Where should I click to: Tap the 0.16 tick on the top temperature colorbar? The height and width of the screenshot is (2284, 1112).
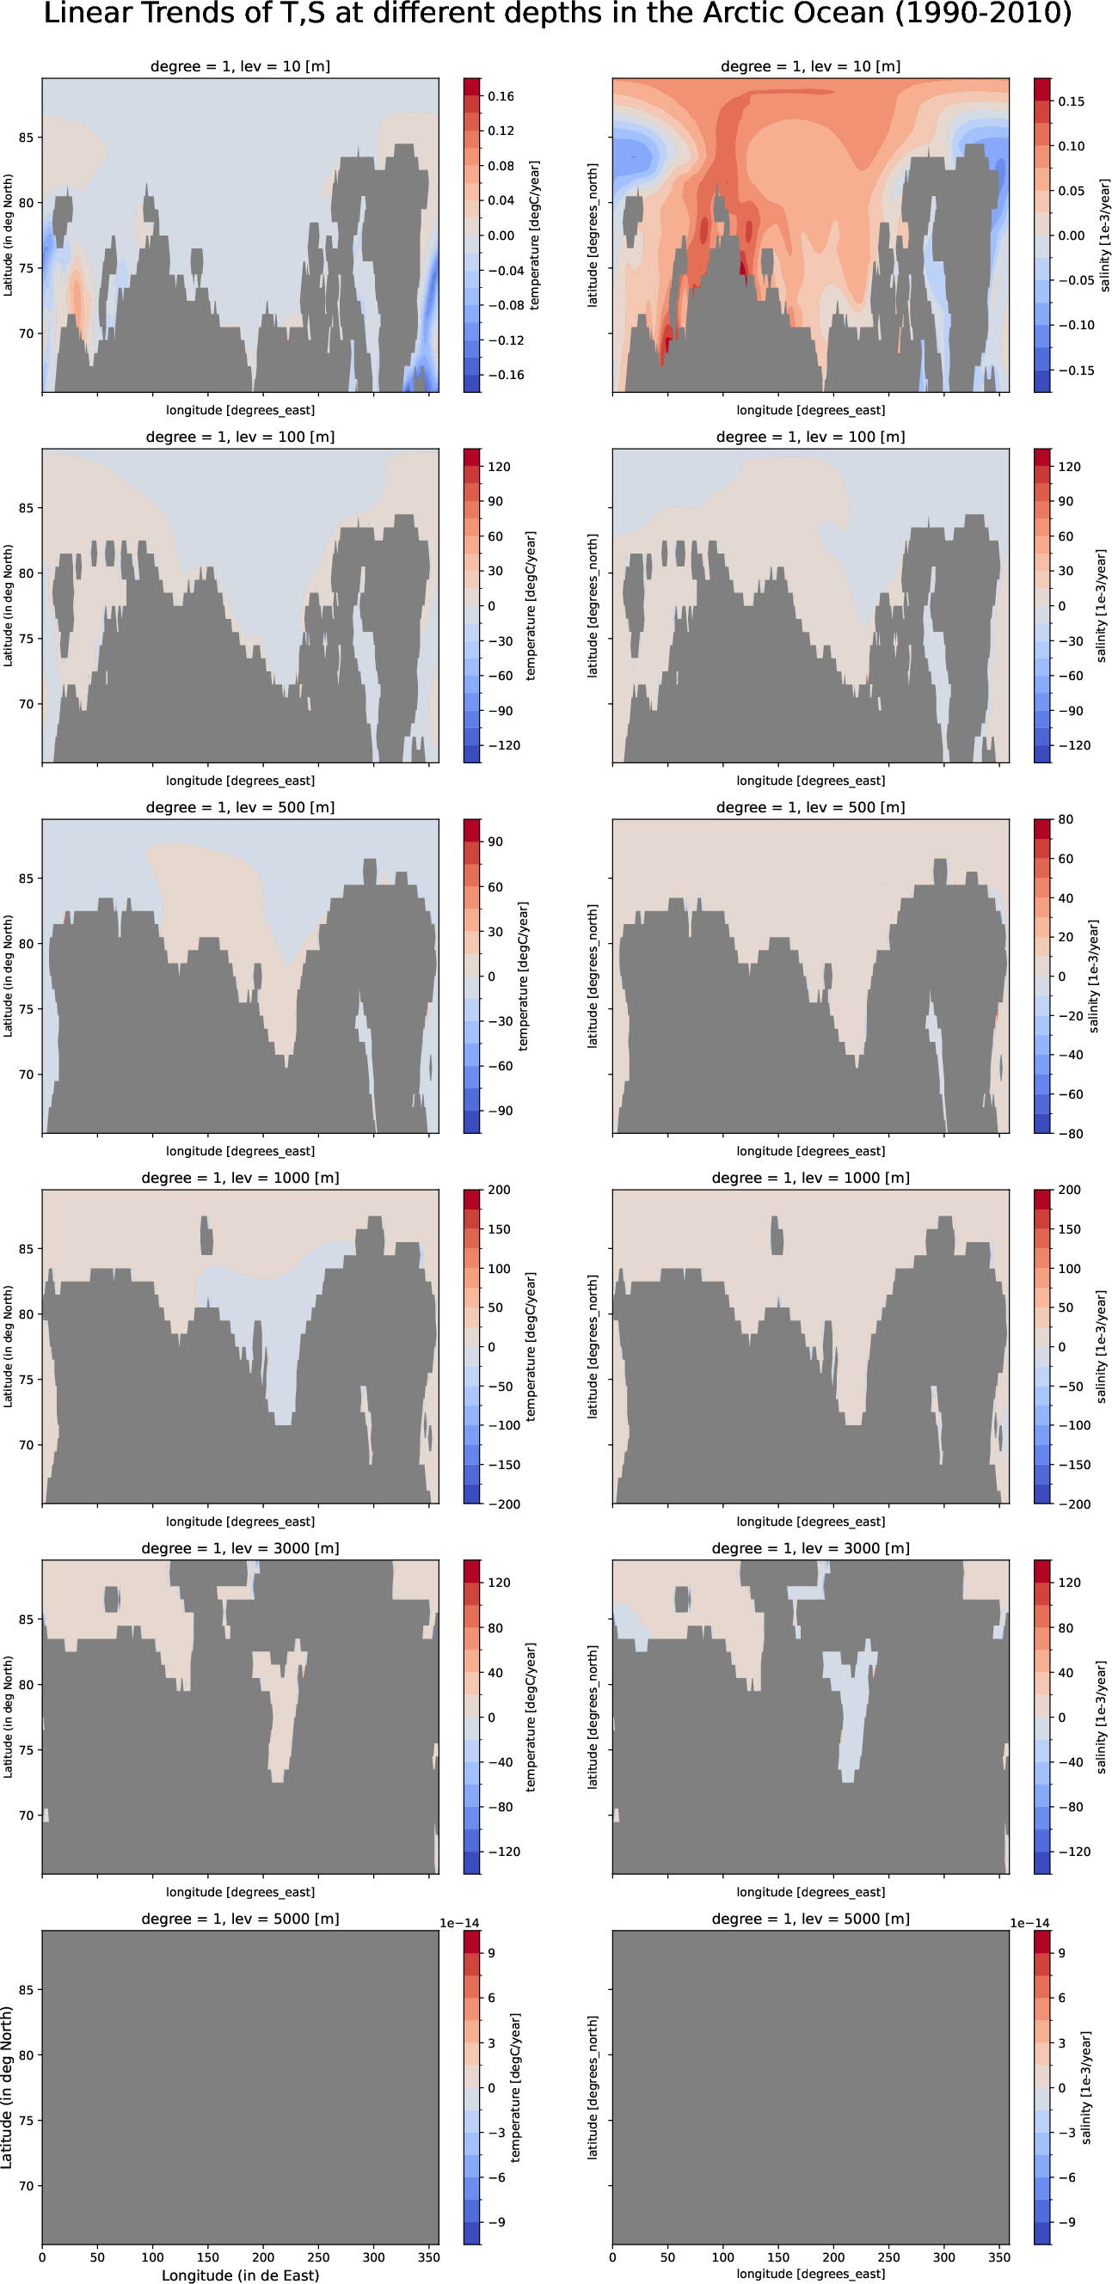click(501, 96)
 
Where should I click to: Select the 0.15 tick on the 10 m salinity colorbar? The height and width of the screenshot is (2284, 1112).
click(1071, 101)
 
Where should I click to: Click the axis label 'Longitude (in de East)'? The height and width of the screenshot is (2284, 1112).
click(239, 2275)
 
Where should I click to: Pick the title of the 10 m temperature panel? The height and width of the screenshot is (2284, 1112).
click(240, 66)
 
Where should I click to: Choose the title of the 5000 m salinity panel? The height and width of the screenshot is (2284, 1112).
click(810, 1919)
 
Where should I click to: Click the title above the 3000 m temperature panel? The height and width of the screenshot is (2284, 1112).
click(240, 1548)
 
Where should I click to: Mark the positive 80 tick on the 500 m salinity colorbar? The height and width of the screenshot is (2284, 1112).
click(1065, 819)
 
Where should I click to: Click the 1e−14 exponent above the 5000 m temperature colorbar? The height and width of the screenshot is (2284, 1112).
click(459, 1923)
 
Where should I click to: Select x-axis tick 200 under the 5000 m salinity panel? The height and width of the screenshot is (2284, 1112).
click(833, 2257)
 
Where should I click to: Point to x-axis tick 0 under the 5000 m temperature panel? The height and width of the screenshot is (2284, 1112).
click(42, 2257)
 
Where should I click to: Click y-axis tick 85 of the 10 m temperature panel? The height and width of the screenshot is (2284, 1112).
click(26, 138)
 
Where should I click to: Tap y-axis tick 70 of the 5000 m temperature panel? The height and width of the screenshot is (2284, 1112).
click(26, 2186)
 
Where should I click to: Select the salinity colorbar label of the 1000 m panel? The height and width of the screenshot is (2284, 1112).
click(1101, 1346)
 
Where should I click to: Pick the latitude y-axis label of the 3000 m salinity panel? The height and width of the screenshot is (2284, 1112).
click(593, 1717)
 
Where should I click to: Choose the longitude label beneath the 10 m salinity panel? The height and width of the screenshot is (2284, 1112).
click(810, 411)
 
